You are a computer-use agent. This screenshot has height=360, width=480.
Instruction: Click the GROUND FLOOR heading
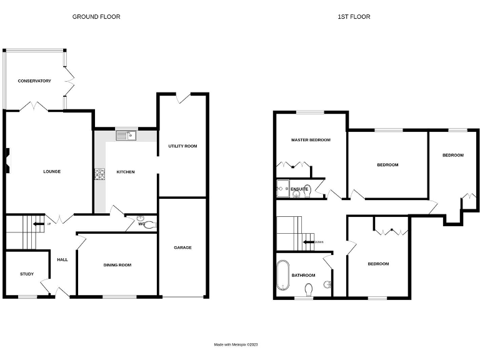coord(96,17)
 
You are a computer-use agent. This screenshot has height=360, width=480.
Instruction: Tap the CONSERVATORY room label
coord(34,81)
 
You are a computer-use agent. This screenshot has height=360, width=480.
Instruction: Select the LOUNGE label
coord(51,171)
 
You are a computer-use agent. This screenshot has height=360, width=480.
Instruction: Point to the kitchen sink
coord(126,134)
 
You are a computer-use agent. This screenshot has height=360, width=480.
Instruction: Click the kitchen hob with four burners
coord(99,175)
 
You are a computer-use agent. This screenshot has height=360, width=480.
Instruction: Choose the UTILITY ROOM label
coord(182,146)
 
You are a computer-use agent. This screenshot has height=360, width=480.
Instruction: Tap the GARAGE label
coord(182,247)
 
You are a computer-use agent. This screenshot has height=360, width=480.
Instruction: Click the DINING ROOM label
coord(117,265)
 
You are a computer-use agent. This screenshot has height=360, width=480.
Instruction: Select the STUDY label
coord(27,274)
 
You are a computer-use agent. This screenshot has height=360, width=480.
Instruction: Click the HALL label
coord(62,260)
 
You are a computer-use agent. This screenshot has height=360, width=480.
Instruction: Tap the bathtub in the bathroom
coord(282,275)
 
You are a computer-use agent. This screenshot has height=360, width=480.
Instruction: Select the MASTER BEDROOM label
coord(311,140)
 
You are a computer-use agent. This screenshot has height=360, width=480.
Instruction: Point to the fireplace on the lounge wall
coord(7,159)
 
